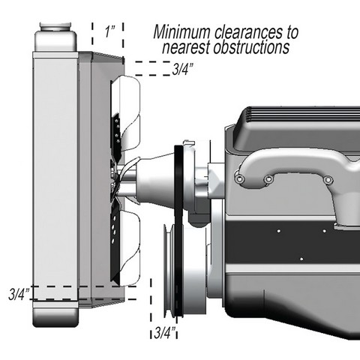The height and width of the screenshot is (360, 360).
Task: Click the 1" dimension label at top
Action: pyautogui.click(x=109, y=31)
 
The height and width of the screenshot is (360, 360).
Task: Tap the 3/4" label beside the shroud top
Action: pyautogui.click(x=183, y=69)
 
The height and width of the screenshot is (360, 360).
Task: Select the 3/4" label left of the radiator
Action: pyautogui.click(x=19, y=294)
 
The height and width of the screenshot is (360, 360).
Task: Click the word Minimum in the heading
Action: pyautogui.click(x=181, y=32)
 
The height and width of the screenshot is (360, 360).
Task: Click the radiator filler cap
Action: pyautogui.click(x=55, y=26)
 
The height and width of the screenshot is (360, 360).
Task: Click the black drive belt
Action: pyautogui.click(x=179, y=231)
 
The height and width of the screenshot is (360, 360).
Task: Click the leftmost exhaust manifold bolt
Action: pyautogui.click(x=239, y=178)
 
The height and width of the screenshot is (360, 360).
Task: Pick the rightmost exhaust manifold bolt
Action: pyautogui.click(x=327, y=180)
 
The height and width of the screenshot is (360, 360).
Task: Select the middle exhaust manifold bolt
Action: pyautogui.click(x=268, y=179)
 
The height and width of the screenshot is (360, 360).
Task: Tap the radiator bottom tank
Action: pyautogui.click(x=55, y=316)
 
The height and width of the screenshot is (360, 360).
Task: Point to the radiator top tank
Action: pyautogui.click(x=55, y=40)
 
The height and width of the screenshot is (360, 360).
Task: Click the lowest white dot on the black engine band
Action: pyautogui.click(x=301, y=259)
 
